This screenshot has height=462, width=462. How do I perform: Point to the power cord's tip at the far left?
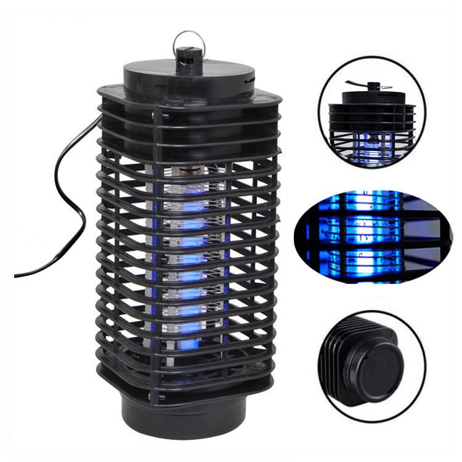click(x=17, y=275)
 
